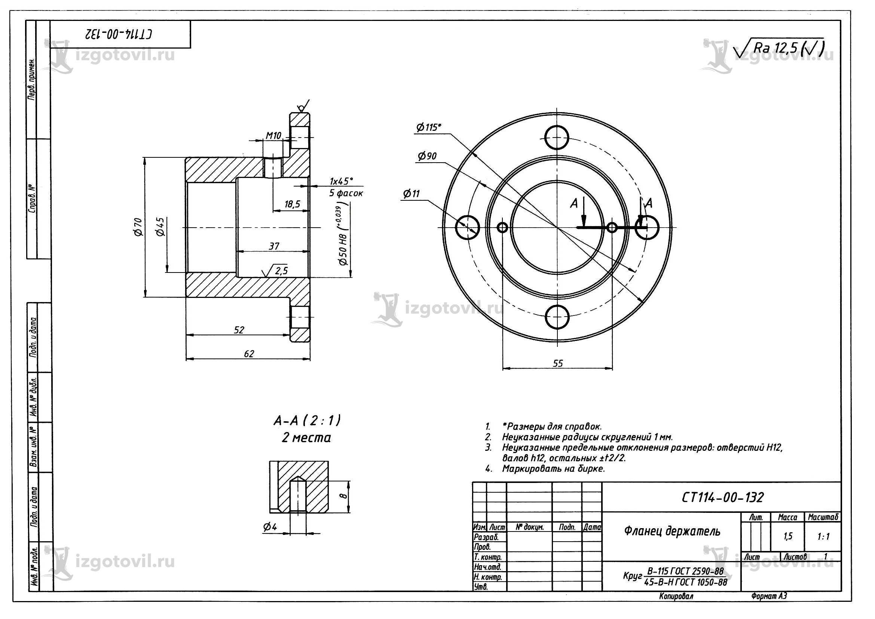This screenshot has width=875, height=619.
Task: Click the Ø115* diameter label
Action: [428, 127]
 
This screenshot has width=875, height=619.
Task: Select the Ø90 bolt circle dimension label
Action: [427, 156]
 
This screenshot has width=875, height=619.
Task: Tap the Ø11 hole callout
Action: [411, 194]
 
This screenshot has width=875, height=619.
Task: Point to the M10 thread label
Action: [273, 135]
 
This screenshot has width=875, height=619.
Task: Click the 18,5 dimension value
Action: [292, 204]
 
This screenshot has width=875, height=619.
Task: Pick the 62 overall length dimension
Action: [249, 354]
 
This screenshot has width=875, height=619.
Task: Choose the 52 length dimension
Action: [239, 330]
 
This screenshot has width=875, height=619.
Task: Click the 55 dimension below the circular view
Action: [558, 363]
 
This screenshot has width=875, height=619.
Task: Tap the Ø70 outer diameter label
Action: [138, 227]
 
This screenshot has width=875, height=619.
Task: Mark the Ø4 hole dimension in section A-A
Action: [270, 527]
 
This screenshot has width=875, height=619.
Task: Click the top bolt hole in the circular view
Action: [557, 137]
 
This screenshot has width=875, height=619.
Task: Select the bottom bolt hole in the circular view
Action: [557, 317]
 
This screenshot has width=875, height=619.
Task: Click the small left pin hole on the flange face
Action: [503, 228]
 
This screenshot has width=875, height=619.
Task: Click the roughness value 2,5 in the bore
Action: [281, 271]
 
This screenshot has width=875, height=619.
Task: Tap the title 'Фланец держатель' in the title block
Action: [672, 531]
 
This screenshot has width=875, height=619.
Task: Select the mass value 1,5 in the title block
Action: [788, 536]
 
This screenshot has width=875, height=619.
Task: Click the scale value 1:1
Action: [823, 536]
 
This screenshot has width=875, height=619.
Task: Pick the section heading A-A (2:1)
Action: [307, 421]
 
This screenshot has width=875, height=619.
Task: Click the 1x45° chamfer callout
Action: [342, 181]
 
